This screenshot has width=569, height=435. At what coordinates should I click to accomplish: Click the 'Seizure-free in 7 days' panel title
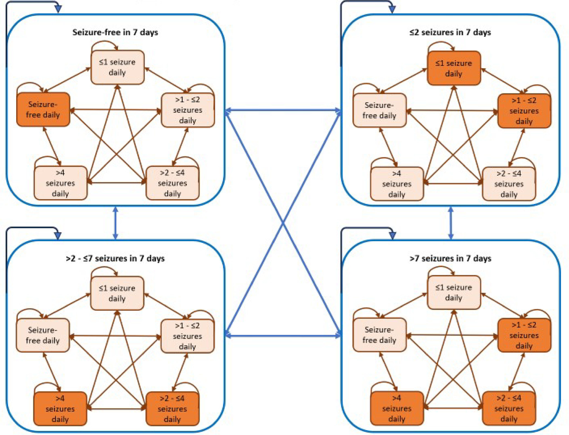[115, 32]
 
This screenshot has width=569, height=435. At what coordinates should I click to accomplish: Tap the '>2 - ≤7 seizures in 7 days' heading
[115, 258]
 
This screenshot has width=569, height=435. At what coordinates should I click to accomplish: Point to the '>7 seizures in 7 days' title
[450, 258]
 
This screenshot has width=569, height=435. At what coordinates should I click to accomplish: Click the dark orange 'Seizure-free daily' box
[43, 110]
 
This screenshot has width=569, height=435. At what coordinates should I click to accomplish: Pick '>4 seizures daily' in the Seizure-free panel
[60, 183]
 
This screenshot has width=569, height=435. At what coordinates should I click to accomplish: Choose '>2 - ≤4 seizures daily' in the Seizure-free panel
[173, 183]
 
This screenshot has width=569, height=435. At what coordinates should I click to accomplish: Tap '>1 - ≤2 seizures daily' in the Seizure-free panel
[188, 110]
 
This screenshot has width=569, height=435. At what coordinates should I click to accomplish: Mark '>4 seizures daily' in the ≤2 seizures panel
[397, 184]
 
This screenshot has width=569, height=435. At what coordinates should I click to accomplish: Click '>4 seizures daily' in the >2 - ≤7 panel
[60, 409]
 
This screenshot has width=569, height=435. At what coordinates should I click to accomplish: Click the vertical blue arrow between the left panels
[115, 223]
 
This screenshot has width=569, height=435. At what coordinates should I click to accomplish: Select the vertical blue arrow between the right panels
[451, 223]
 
